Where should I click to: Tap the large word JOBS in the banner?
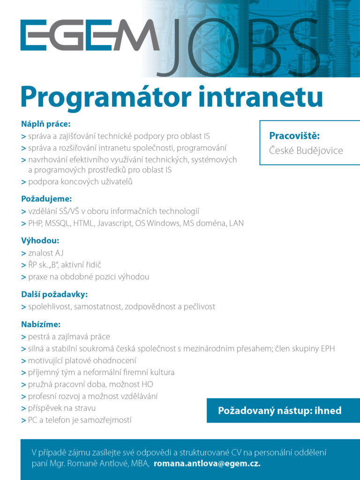(239, 47)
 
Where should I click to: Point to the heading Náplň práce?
(45, 124)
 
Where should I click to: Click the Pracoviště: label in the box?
(294, 136)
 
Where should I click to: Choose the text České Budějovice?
(306, 150)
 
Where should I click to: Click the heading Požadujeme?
(46, 199)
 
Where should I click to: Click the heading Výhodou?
(40, 241)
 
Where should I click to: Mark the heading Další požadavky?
(54, 294)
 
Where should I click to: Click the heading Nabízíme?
(41, 324)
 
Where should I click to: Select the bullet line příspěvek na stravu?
(61, 408)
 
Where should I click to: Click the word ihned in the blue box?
(327, 411)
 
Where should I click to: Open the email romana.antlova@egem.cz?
(207, 464)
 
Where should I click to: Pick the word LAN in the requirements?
(236, 223)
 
